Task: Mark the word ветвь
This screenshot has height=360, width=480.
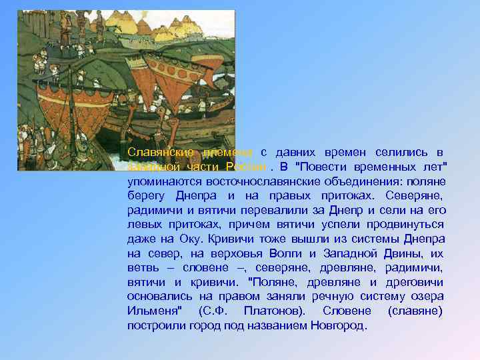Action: point(142,268)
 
